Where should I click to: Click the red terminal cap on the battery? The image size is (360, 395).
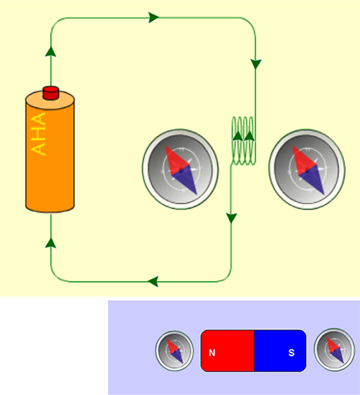(x=51, y=93)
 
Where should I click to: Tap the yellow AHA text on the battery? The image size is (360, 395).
(x=38, y=134)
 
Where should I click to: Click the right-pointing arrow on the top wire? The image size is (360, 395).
(x=153, y=17)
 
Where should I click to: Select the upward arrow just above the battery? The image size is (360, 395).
(x=51, y=51)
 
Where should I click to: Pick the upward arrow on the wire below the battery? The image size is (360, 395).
(x=51, y=243)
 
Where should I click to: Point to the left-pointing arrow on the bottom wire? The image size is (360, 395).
(x=153, y=281)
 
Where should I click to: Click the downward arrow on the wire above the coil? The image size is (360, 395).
(x=256, y=64)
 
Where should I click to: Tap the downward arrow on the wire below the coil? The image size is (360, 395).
(x=231, y=218)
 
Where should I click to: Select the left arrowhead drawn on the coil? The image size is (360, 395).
(x=238, y=136)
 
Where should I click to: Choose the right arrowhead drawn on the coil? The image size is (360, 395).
(x=249, y=136)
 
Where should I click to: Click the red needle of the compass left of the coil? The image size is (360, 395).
(x=176, y=159)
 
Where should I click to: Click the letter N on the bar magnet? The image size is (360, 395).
(x=212, y=353)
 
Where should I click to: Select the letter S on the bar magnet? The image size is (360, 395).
(x=292, y=352)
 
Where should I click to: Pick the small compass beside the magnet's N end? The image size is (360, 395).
(x=174, y=350)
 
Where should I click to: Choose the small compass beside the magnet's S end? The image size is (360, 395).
(x=334, y=350)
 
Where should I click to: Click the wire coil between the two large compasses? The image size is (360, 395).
(x=243, y=141)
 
